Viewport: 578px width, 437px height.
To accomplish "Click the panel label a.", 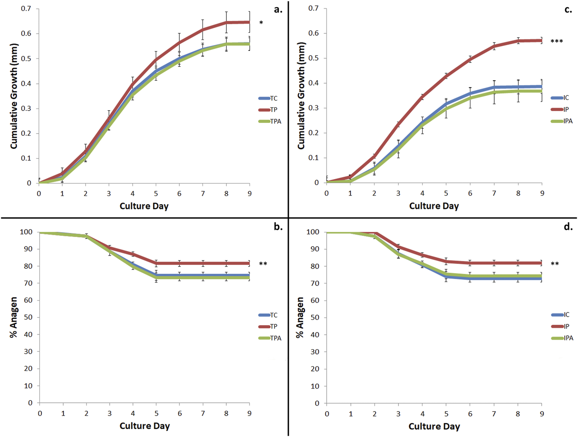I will pyautogui.click(x=278, y=10).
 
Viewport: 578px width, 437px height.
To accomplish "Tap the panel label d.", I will pyautogui.click(x=568, y=227).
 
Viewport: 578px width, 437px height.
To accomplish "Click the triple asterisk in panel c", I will pyautogui.click(x=556, y=42).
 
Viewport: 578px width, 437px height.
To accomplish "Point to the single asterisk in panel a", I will pyautogui.click(x=261, y=23).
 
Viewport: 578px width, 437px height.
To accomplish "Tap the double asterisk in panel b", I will pyautogui.click(x=263, y=264).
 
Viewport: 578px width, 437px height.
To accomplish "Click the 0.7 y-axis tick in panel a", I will pyautogui.click(x=26, y=9).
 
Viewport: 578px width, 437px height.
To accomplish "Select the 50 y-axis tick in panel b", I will pyautogui.click(x=27, y=317).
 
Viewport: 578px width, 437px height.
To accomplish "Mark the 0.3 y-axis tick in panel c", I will pyautogui.click(x=314, y=108).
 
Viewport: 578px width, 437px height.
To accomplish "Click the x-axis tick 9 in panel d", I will pyautogui.click(x=542, y=414).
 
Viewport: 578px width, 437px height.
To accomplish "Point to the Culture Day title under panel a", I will pyautogui.click(x=144, y=206).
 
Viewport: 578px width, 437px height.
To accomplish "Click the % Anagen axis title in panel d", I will pyautogui.click(x=300, y=317).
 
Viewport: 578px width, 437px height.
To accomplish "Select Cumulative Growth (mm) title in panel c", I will pyautogui.click(x=301, y=96).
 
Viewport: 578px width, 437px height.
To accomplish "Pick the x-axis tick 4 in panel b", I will pyautogui.click(x=133, y=413).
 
